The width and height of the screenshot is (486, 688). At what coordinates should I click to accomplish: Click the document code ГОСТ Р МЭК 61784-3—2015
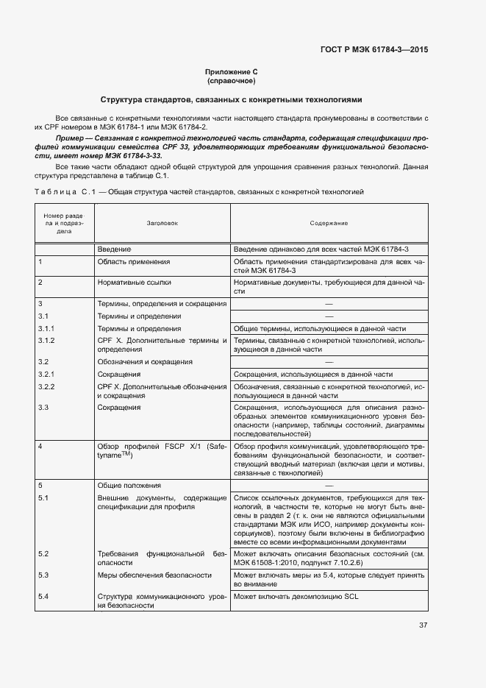pos(374,49)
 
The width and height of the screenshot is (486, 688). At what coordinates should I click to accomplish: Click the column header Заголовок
pos(162,222)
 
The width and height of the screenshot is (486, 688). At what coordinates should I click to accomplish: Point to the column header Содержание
pos(329,222)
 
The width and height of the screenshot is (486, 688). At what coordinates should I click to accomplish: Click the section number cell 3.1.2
pos(46,341)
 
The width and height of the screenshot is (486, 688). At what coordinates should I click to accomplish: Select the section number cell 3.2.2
pos(46,386)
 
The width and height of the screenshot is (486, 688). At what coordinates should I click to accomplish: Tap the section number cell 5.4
pos(43,596)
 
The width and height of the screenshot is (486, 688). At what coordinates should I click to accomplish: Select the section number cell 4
pos(40,447)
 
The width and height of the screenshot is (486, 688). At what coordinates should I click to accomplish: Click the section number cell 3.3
pos(43,408)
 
